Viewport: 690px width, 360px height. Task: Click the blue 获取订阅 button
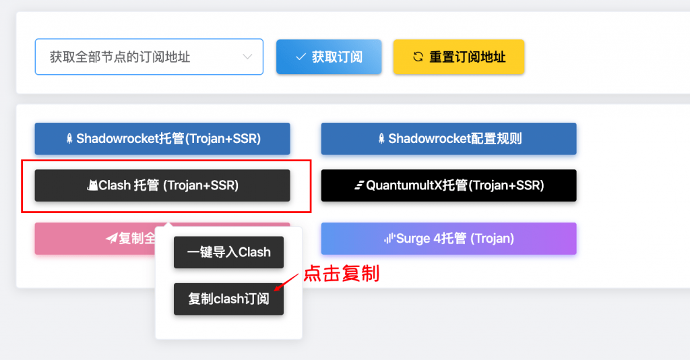tap(329, 57)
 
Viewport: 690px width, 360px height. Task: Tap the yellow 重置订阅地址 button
tap(458, 57)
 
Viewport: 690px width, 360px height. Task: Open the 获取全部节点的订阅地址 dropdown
tap(149, 57)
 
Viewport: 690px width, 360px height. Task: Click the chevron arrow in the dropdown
tap(248, 57)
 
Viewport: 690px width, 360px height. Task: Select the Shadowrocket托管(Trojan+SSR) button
tap(162, 139)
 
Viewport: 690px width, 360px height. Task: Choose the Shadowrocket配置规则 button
tap(448, 139)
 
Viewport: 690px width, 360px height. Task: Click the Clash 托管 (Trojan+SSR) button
tap(162, 185)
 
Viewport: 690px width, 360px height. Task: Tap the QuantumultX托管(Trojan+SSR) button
tap(448, 185)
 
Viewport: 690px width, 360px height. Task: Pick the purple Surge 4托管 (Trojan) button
tap(448, 239)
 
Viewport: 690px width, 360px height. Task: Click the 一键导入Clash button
tap(229, 252)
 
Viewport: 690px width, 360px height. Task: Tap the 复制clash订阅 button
tap(229, 299)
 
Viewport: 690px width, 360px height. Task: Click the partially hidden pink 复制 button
tap(94, 239)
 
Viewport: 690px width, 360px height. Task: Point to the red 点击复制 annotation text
tap(342, 273)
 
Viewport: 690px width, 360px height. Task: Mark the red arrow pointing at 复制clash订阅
tap(286, 282)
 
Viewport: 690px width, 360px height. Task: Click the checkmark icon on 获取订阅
tap(301, 57)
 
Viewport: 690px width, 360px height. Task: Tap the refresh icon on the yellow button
tap(418, 57)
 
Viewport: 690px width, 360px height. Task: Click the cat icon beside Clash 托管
tap(92, 185)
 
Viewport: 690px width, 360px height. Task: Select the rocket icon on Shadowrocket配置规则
tap(381, 139)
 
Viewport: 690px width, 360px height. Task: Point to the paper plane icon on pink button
tap(112, 239)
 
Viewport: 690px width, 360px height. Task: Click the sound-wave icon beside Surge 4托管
tap(389, 239)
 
